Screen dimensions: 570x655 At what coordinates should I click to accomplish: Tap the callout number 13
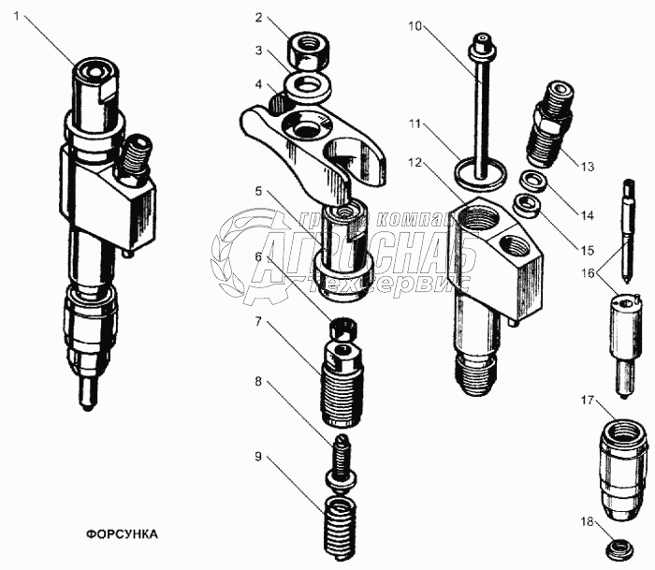tap(586, 168)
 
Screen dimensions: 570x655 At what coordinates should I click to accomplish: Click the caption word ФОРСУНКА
tap(122, 535)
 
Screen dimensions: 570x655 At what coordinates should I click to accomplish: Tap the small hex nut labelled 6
tap(342, 330)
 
